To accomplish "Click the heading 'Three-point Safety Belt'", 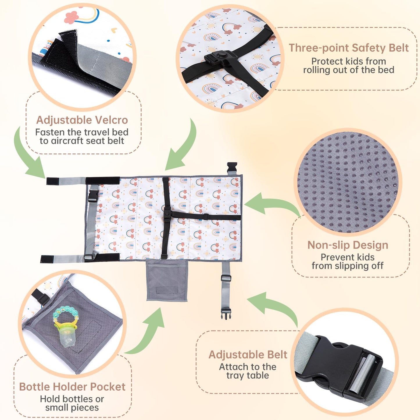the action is [x=349, y=48].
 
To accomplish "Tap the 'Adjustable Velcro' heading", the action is [x=82, y=120].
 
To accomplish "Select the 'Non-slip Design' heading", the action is [x=348, y=245].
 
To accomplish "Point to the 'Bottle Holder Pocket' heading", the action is [x=72, y=387].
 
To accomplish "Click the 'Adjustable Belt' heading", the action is [x=248, y=355].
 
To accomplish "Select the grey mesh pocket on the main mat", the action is [x=167, y=281].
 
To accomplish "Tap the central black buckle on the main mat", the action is [x=167, y=214].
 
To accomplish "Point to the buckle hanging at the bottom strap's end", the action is [x=225, y=314].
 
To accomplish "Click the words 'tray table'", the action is [x=248, y=375].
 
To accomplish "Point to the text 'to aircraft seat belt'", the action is [x=82, y=141].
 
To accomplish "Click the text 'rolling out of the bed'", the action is [x=349, y=70].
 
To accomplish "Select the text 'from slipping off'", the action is [x=348, y=266].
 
